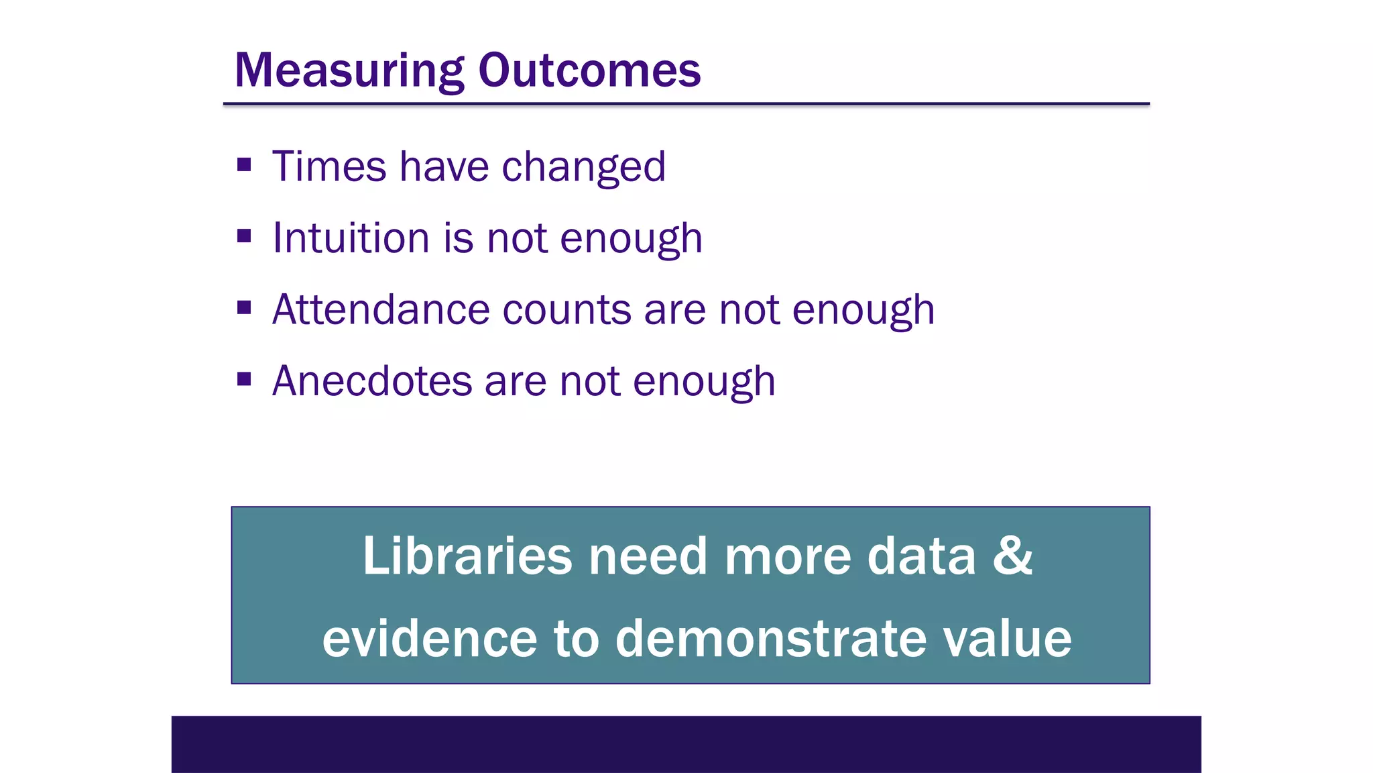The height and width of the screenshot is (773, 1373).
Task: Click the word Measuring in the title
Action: tap(349, 71)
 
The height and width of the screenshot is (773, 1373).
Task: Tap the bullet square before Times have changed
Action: tap(244, 164)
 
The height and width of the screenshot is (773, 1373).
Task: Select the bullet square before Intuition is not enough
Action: tap(244, 236)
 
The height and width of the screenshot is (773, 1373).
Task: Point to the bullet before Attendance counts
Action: tap(244, 308)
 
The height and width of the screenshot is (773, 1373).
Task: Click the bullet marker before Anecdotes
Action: tap(244, 380)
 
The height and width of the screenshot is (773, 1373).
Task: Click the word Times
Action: tap(329, 166)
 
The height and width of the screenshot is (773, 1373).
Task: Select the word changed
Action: tap(583, 168)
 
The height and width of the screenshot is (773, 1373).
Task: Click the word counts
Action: tap(566, 310)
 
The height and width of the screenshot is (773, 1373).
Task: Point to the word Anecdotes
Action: tap(372, 381)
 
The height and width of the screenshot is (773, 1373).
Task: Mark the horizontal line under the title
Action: tap(686, 104)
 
